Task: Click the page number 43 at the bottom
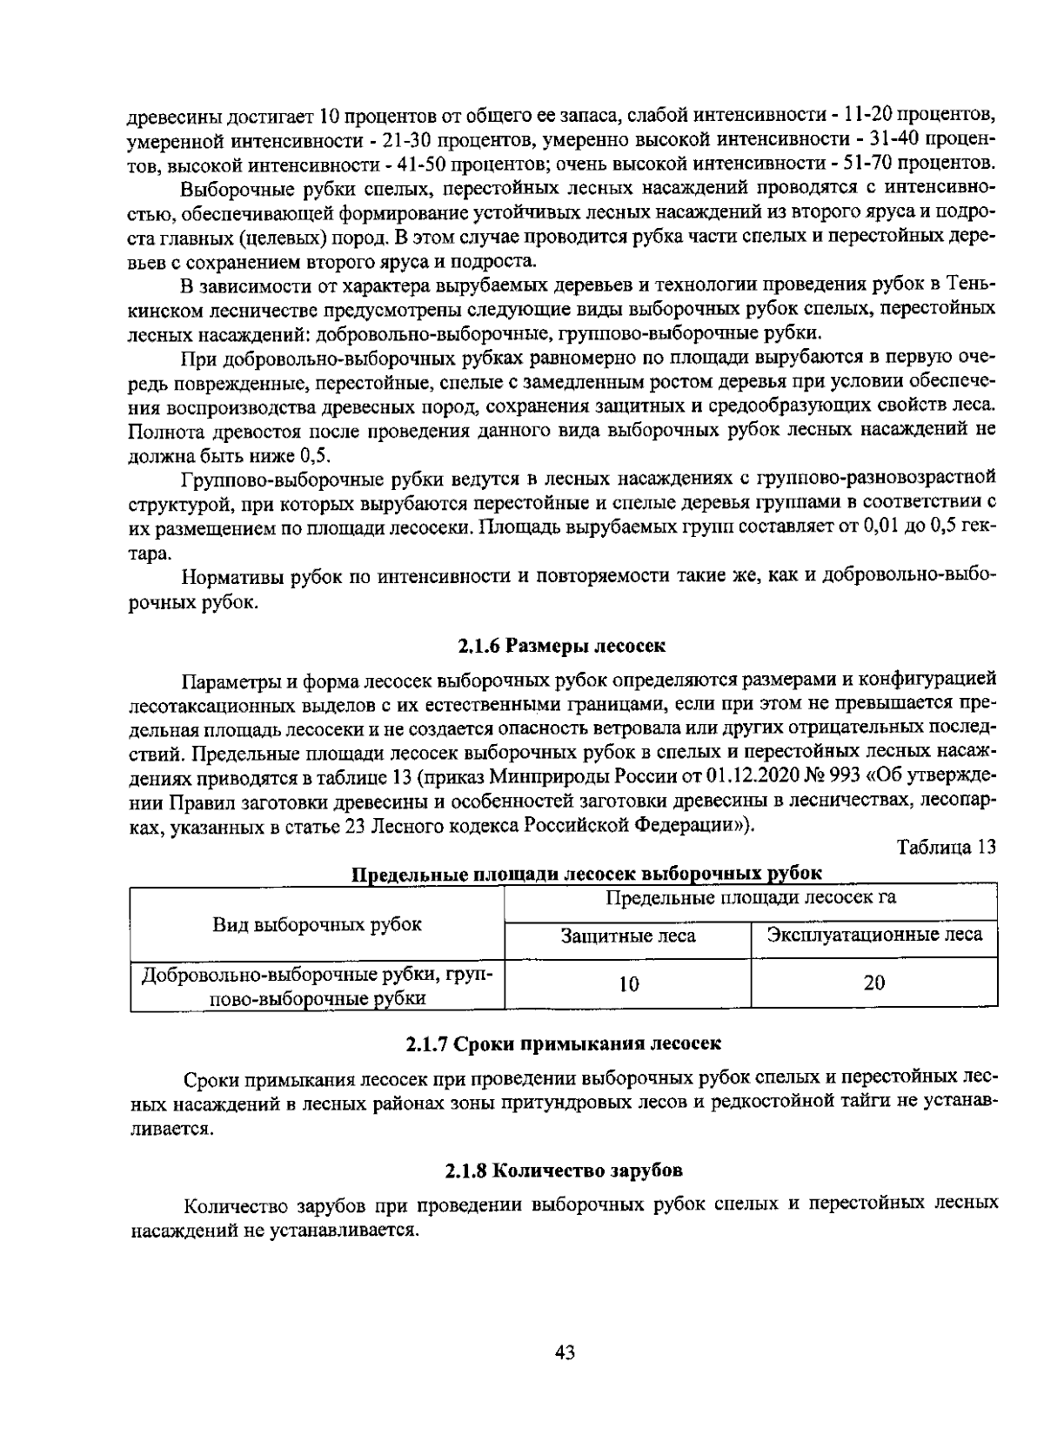coord(565,1352)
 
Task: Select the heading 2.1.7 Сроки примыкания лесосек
coord(564,1042)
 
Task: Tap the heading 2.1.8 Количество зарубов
coord(564,1171)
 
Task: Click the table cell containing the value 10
coord(628,984)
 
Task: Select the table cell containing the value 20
coord(873,983)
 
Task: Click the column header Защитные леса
coord(628,936)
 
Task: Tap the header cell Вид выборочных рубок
coord(318,924)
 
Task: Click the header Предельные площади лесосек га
coord(751,897)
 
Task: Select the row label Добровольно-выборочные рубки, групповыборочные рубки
coord(318,985)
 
